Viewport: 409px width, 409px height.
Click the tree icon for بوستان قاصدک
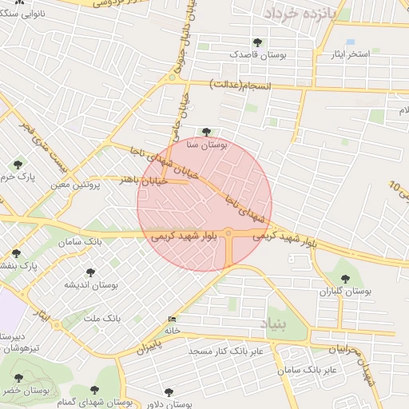pos(256,42)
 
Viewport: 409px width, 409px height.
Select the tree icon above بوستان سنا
pos(207,132)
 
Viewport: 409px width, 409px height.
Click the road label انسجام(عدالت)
pos(240,85)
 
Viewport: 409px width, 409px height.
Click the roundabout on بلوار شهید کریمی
pos(229,233)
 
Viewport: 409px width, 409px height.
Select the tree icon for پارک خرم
pos(18,164)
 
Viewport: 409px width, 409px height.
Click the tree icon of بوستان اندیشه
pos(89,272)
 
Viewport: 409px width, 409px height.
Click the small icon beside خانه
pos(173,320)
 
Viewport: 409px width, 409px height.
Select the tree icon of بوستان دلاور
pos(167,391)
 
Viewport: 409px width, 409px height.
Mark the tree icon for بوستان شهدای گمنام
pos(94,389)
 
